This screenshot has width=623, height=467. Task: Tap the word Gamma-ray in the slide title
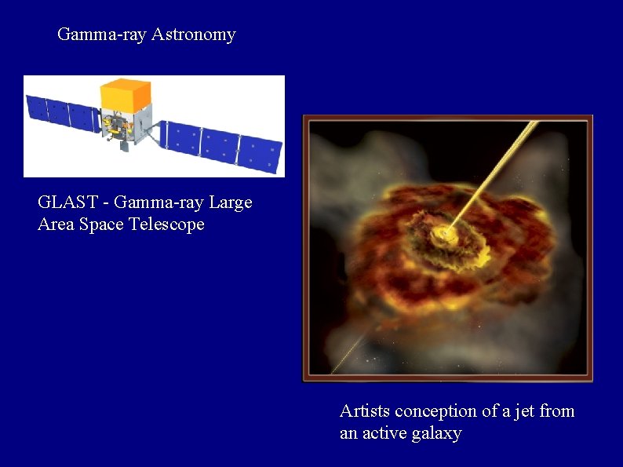pos(102,35)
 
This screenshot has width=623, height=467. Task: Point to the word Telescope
pos(167,224)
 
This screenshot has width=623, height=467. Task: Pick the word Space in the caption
pos(104,224)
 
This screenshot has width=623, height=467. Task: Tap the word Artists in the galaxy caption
pos(365,411)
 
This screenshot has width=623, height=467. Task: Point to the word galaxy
pos(436,433)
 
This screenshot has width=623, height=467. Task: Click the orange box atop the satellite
pos(126,93)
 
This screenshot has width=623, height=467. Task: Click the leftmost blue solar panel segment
pos(37,108)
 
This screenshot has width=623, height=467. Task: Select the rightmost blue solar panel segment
pos(260,154)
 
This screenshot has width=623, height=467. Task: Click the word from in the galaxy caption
pos(556,411)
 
